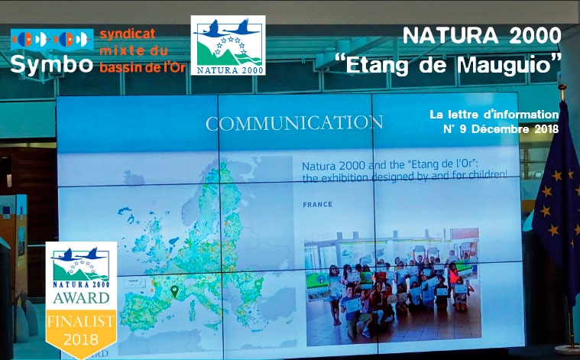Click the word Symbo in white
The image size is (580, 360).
[x=51, y=64]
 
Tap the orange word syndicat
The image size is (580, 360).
[x=128, y=34]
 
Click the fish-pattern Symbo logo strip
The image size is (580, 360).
[x=52, y=39]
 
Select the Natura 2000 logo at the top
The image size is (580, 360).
[x=228, y=45]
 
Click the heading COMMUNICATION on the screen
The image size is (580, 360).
[x=294, y=123]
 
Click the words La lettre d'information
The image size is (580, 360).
[x=494, y=115]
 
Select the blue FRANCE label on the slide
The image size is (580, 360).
[x=317, y=204]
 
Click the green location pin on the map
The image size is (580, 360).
[x=174, y=291]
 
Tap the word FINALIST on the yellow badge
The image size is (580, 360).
[x=81, y=321]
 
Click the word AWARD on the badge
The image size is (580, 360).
[x=81, y=298]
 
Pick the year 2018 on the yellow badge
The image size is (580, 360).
[x=81, y=339]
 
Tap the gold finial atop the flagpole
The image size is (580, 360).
[x=562, y=87]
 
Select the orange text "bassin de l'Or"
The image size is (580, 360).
[x=142, y=67]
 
